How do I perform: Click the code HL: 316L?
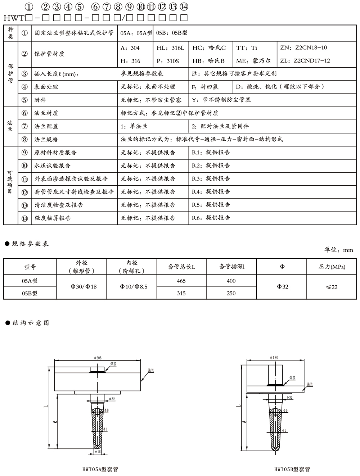pyautogui.click(x=170, y=48)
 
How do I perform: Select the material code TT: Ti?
pyautogui.click(x=247, y=48)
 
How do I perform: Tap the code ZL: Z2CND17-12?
pyautogui.click(x=305, y=61)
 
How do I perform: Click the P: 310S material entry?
pyautogui.click(x=167, y=61)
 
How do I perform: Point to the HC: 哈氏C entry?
pyautogui.click(x=209, y=48)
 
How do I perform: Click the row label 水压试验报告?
pyautogui.click(x=52, y=166)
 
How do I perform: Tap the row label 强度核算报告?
pyautogui.click(x=53, y=218)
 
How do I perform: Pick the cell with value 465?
pyautogui.click(x=181, y=281)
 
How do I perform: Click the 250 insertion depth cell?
pyautogui.click(x=231, y=293)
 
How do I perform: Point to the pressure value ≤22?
pyautogui.click(x=332, y=287)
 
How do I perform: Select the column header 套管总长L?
pyautogui.click(x=181, y=267)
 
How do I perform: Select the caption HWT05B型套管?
pyautogui.click(x=292, y=469)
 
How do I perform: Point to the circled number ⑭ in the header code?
pyautogui.click(x=184, y=6)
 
